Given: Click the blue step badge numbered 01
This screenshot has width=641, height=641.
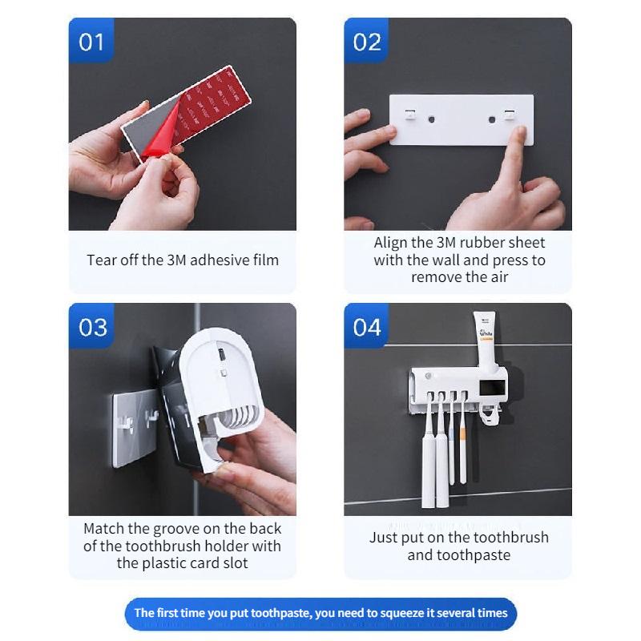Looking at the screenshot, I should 91,42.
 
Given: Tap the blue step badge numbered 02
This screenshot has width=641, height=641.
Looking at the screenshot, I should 367,42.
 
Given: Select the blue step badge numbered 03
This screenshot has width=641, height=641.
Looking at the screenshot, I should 92,327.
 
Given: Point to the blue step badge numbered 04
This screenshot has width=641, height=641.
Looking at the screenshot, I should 367,327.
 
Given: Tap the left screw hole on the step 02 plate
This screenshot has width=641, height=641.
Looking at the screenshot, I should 431,120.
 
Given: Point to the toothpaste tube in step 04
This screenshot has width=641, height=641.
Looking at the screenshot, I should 486,337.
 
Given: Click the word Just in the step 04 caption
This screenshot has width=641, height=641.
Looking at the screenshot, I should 383,538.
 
